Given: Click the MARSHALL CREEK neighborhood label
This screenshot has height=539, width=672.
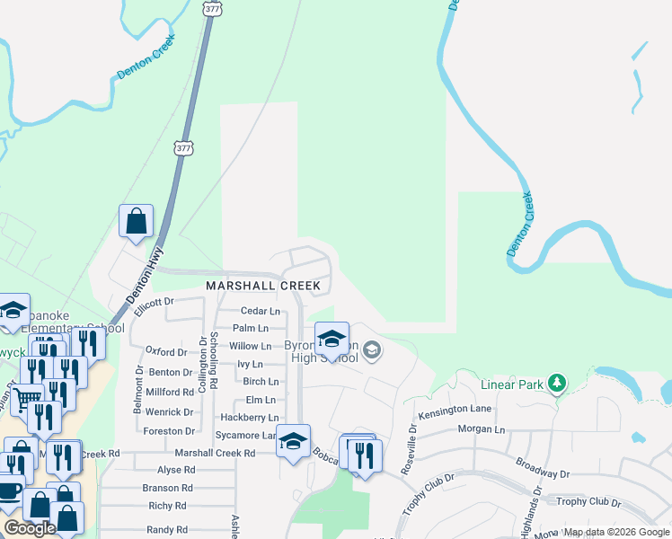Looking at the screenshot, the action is [263, 286].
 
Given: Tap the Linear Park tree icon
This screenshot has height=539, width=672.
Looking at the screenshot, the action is [558, 384].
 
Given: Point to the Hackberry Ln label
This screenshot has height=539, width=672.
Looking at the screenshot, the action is [250, 418].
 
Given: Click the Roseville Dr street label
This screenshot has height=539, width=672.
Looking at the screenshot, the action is [414, 441].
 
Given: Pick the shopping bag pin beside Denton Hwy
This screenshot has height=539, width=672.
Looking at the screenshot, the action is [136, 220].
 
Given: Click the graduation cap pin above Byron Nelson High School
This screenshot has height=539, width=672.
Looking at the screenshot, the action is [332, 340].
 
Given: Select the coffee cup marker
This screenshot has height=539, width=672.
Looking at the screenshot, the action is [8, 491].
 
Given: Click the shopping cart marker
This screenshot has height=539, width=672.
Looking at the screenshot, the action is [27, 396].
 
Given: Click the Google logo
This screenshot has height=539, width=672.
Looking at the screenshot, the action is [29, 529].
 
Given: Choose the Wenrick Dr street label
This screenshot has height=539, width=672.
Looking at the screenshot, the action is [170, 412].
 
